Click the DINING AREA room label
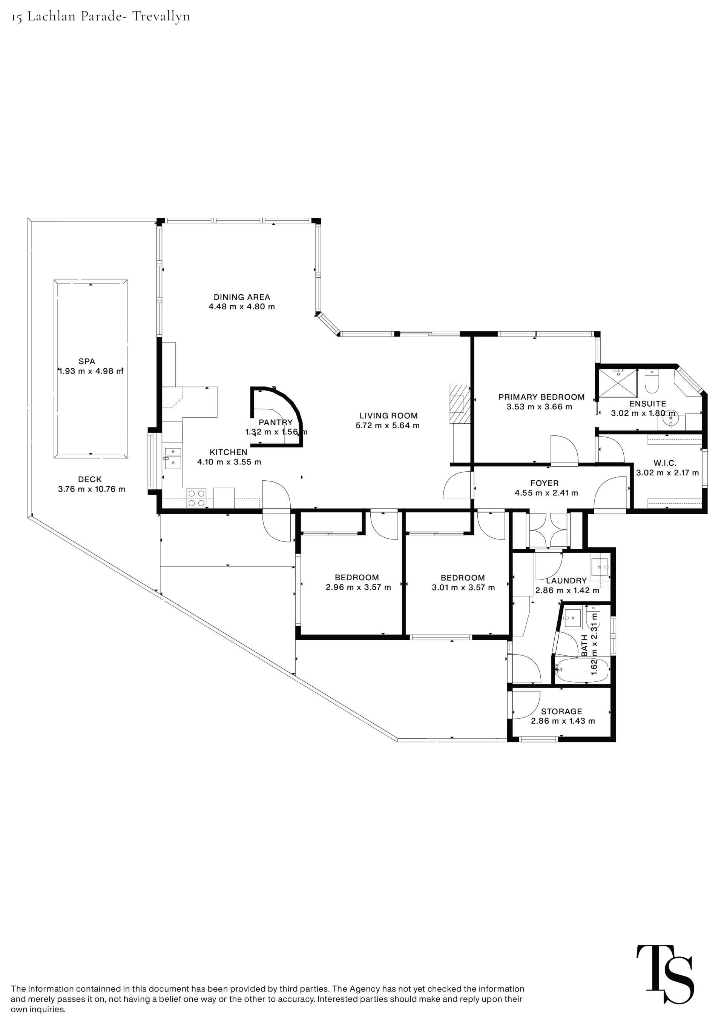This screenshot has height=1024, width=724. click(x=242, y=297)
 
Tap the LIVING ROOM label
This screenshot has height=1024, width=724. click(x=388, y=416)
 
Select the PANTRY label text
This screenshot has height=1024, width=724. click(x=276, y=422)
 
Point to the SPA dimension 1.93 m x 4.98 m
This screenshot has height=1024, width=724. click(x=91, y=371)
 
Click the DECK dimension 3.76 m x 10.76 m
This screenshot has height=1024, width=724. click(x=91, y=489)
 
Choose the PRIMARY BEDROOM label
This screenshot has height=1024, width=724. click(x=541, y=397)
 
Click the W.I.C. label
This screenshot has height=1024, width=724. click(x=665, y=463)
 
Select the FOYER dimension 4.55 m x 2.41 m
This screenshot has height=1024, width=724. click(x=546, y=493)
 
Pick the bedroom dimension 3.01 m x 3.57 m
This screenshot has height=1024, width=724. click(x=463, y=587)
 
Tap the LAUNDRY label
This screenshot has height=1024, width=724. click(x=566, y=581)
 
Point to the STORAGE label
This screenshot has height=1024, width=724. click(x=561, y=711)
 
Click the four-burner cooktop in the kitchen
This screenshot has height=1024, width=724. click(x=196, y=498)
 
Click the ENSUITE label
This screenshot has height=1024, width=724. click(x=647, y=404)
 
